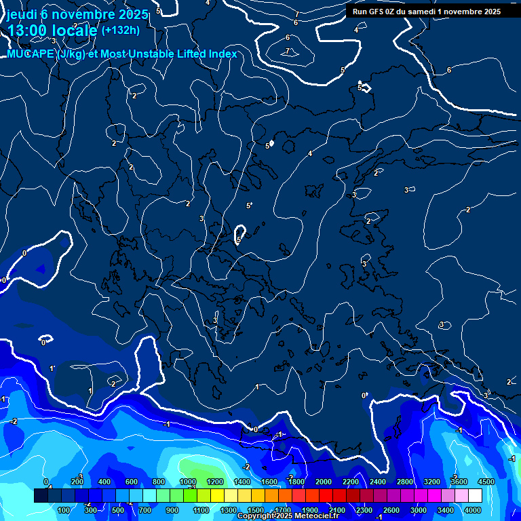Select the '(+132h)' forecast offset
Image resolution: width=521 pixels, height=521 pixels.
pos(120,30)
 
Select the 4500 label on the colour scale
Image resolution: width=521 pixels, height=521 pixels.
pos(486,482)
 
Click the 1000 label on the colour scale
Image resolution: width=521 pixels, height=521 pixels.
pos(188,482)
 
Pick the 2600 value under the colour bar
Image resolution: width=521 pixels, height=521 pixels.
pos(391,510)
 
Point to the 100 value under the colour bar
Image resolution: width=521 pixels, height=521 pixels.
pos(65,510)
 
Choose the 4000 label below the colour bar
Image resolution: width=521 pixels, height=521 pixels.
pos(473,510)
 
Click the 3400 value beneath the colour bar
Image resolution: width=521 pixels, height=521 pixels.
pos(446,510)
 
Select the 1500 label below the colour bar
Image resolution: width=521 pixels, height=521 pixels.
pos(256,510)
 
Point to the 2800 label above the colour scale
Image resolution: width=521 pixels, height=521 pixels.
pos(405,482)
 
